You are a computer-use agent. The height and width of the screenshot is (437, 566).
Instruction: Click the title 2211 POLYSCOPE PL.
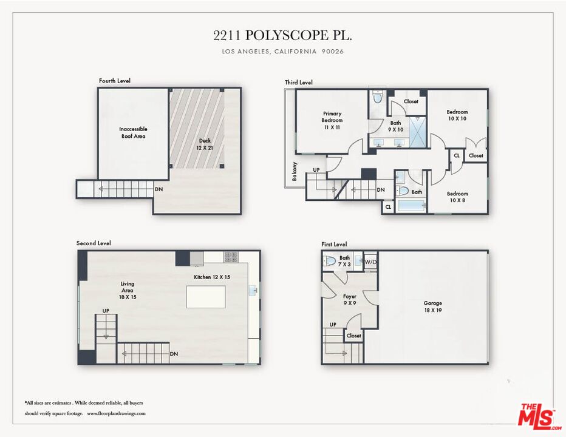coord(282,36)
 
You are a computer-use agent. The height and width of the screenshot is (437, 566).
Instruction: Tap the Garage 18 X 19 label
coord(432,307)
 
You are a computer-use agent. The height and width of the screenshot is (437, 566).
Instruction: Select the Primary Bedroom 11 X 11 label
coord(332,120)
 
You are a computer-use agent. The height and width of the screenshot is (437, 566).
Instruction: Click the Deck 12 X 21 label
coord(205,144)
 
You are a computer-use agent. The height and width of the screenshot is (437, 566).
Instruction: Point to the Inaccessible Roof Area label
coord(133,132)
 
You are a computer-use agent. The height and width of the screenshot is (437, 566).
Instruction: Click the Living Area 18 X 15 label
coord(127,290)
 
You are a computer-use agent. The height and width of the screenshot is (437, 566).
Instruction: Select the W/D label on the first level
coord(370,262)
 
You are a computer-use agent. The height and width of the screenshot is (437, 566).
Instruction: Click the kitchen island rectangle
coord(205,297)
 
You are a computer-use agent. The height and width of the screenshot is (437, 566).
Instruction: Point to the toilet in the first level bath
coord(330,262)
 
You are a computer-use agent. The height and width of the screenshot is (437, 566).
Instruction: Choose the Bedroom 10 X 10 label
coord(457,115)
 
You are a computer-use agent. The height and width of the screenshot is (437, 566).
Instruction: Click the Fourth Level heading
coord(115,81)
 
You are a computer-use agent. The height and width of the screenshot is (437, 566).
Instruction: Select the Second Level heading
coord(94,243)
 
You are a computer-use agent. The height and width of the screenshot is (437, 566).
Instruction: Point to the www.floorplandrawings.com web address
coord(116,413)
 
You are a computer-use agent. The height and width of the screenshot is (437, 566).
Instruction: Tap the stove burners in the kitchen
coord(231,257)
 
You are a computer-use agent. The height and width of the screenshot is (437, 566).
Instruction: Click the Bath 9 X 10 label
coord(395,126)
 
